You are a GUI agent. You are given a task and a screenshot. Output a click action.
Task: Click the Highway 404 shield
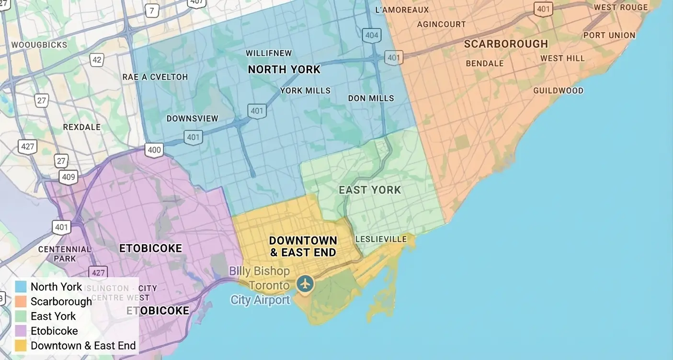click(x=371, y=35)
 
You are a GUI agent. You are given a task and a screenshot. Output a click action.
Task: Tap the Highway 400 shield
click(x=154, y=150)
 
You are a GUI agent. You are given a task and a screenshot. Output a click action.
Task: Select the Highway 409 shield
click(x=68, y=178)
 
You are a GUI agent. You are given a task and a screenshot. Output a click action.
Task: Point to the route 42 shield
click(x=97, y=60)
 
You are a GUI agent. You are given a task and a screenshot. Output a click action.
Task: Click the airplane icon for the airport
click(x=305, y=283)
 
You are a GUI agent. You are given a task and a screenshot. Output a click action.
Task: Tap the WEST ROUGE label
click(x=620, y=7)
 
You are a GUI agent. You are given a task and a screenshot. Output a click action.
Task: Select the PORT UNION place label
click(x=609, y=35)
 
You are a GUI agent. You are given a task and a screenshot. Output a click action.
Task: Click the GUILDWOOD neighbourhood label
click(x=558, y=90)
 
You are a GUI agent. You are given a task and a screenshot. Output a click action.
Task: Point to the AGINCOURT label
click(x=441, y=24)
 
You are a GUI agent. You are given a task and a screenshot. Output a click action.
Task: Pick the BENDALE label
click(x=485, y=63)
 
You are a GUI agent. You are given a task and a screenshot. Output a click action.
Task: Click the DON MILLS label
click(x=371, y=98)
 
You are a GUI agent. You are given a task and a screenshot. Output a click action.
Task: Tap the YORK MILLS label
click(x=305, y=90)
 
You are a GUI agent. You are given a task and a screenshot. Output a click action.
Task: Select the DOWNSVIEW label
click(x=192, y=118)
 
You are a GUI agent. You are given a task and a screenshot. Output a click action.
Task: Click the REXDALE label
click(x=82, y=127)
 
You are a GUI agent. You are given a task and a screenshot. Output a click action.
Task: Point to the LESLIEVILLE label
click(x=381, y=239)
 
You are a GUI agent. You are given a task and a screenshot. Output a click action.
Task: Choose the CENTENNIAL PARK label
click(x=65, y=254)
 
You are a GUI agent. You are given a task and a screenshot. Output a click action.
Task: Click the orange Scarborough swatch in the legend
click(x=21, y=302)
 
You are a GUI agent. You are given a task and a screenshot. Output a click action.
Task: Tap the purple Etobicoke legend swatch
click(x=21, y=331)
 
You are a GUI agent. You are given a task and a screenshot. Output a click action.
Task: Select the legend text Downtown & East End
click(x=83, y=346)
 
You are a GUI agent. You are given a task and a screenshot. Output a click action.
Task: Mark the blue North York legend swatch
click(x=21, y=287)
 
